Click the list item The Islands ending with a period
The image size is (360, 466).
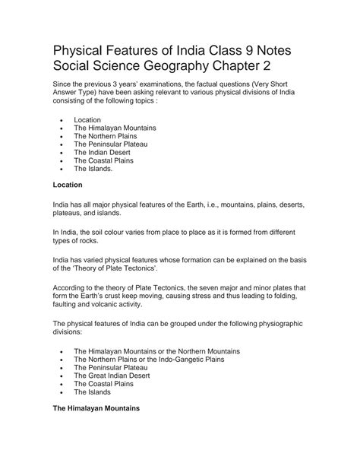(x=93, y=170)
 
